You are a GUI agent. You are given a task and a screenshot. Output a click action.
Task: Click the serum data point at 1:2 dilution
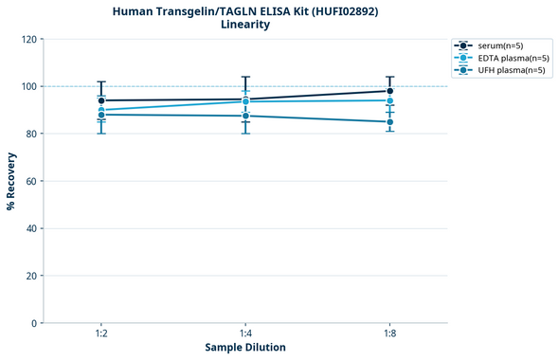click(x=101, y=100)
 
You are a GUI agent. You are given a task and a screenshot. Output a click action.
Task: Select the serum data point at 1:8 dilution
click(x=390, y=91)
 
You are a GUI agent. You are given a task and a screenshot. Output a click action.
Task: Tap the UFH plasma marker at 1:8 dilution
click(x=390, y=122)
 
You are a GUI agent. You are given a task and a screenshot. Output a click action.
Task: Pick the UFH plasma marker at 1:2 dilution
click(x=101, y=115)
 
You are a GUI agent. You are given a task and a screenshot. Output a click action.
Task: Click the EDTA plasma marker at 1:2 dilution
click(x=101, y=110)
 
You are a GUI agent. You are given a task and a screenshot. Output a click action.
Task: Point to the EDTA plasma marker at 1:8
click(x=390, y=100)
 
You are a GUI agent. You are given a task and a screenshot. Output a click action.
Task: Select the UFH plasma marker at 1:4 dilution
click(x=245, y=116)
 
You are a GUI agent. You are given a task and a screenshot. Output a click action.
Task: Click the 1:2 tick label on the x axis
click(x=101, y=334)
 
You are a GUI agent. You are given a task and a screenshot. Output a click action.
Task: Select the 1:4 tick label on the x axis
click(x=245, y=334)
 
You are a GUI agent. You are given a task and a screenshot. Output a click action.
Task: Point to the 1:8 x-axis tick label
click(x=390, y=334)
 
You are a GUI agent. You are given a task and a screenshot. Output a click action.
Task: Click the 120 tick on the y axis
click(x=29, y=40)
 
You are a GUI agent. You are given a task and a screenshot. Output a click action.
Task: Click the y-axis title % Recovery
click(x=11, y=180)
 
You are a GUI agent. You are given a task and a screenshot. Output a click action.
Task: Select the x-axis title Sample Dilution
click(x=245, y=348)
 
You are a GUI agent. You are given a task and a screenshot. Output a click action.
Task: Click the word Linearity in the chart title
click(x=245, y=25)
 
